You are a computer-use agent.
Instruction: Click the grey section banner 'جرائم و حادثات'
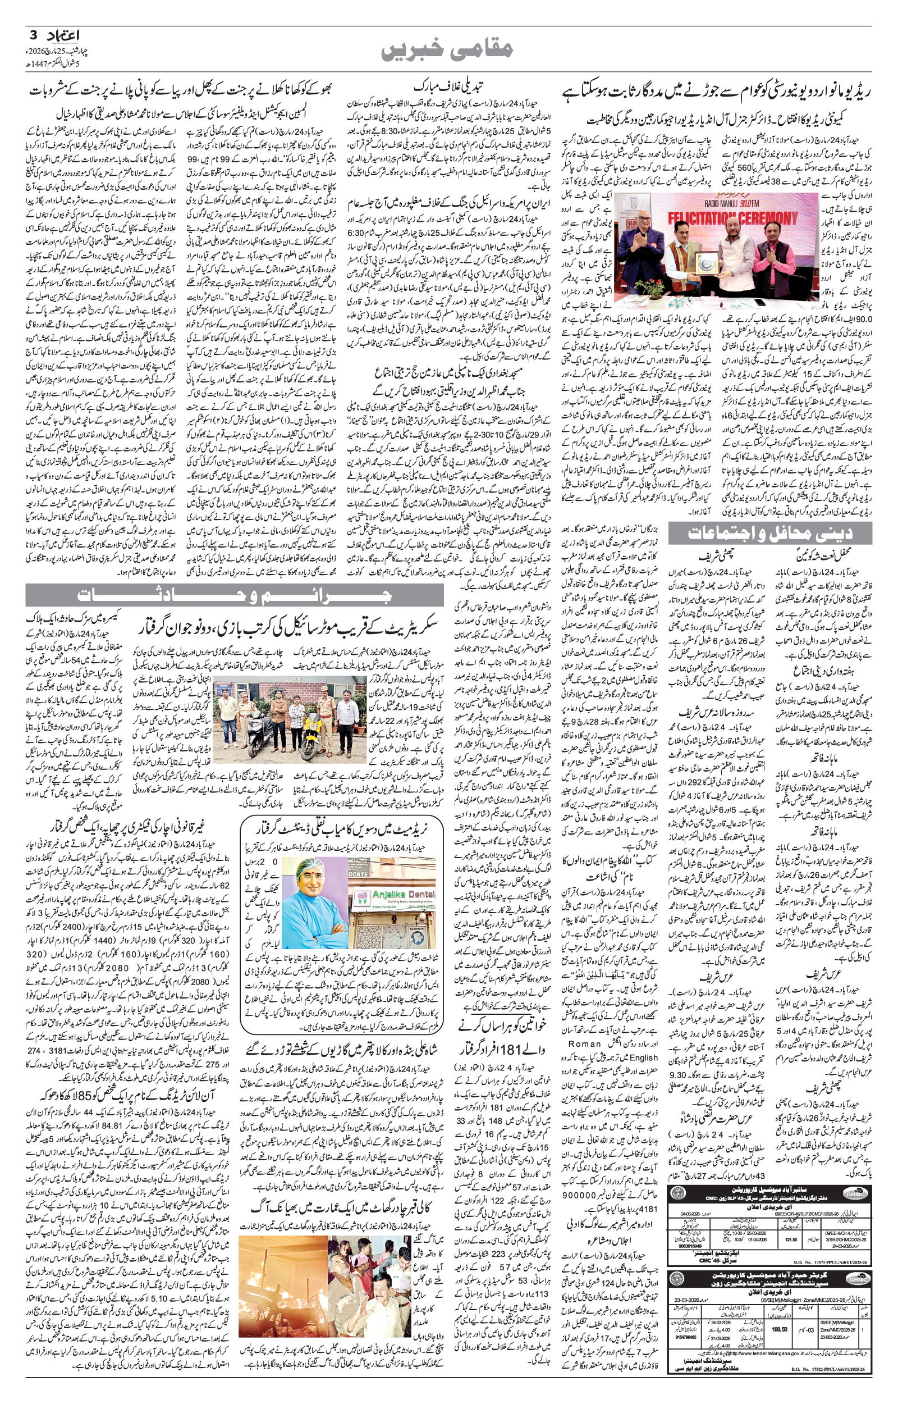coord(233,595)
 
